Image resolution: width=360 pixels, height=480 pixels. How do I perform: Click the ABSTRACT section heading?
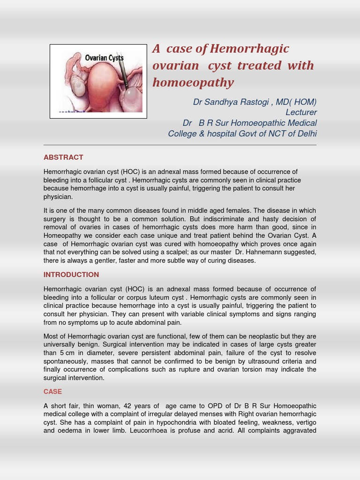[x=63, y=157]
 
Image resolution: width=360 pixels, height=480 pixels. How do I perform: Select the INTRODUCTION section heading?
[x=71, y=275]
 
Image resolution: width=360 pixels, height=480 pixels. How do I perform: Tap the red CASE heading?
[x=52, y=391]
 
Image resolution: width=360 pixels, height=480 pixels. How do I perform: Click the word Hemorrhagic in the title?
[x=249, y=49]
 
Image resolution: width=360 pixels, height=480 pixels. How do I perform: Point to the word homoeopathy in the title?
[x=193, y=82]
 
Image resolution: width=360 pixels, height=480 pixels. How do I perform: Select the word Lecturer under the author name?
[x=301, y=112]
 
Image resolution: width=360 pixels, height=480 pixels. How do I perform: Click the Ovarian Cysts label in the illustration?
[x=104, y=58]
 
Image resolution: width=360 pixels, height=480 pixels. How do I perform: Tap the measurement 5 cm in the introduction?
[x=67, y=353]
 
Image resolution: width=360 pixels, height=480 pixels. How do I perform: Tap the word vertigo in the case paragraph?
[x=306, y=422]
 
